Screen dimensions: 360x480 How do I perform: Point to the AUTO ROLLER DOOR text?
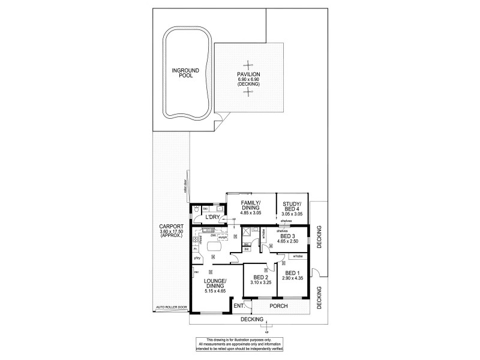[x=171, y=307]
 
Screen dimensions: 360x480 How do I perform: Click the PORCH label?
[x=279, y=306]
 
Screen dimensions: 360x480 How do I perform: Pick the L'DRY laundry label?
[x=213, y=217]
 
